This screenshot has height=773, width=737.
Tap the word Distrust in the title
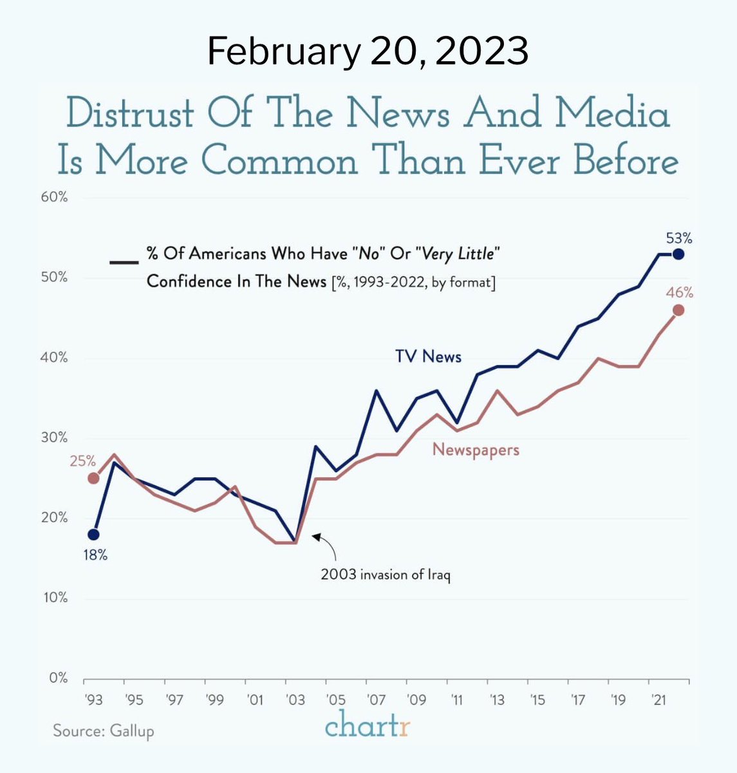click(x=129, y=114)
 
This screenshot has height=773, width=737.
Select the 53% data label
click(x=679, y=238)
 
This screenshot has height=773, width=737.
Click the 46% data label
click(x=680, y=293)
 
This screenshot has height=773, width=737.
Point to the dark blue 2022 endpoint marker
click(x=678, y=254)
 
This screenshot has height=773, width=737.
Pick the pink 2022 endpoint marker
click(x=678, y=310)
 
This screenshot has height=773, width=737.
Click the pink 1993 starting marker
click(x=93, y=478)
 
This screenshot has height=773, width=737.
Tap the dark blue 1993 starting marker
click(x=93, y=534)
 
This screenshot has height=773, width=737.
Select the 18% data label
click(x=95, y=554)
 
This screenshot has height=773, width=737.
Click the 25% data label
click(x=82, y=461)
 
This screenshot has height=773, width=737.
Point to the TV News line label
click(x=428, y=356)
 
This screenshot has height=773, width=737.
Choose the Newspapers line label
click(x=476, y=450)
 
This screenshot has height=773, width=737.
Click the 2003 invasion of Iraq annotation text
click(x=386, y=575)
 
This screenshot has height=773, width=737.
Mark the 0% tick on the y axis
click(x=57, y=678)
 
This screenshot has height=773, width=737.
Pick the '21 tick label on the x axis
click(x=658, y=700)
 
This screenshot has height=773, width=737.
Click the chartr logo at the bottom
click(x=368, y=726)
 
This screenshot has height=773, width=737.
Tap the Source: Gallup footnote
click(x=104, y=731)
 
